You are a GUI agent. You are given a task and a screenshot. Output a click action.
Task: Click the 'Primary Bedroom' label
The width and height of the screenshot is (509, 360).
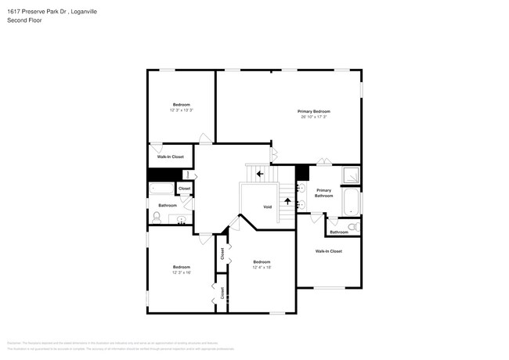(312, 111)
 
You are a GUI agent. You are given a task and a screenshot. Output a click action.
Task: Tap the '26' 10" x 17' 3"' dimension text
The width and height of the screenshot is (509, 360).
(312, 117)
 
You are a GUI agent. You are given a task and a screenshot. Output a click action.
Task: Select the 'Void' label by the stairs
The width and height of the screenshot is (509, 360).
(267, 207)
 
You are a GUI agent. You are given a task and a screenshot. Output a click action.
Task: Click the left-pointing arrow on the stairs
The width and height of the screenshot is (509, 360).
(260, 174)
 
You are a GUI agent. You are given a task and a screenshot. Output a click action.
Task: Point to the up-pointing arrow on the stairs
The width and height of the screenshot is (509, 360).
(287, 201)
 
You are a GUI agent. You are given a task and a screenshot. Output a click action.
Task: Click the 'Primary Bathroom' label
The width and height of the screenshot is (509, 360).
(324, 193)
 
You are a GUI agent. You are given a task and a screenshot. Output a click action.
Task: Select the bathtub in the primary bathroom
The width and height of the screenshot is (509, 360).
(352, 202)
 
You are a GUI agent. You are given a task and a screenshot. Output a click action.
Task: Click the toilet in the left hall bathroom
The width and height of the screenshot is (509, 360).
(157, 218)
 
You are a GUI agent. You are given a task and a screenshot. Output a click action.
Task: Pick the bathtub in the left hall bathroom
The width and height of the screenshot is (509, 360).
(162, 189)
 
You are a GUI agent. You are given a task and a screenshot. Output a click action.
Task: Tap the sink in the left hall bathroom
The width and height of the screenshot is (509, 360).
(182, 220)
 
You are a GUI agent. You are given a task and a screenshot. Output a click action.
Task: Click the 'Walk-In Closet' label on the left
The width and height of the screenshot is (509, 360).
(170, 157)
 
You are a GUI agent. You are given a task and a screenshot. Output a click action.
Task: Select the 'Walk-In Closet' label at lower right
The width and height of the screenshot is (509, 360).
(328, 251)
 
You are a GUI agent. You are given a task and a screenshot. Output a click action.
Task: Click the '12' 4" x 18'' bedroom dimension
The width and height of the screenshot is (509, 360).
(261, 268)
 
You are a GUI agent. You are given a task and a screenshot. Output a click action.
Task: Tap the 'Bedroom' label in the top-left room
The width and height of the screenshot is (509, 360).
(181, 104)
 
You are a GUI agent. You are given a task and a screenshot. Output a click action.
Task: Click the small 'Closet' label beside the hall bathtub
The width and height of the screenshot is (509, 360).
(184, 189)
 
